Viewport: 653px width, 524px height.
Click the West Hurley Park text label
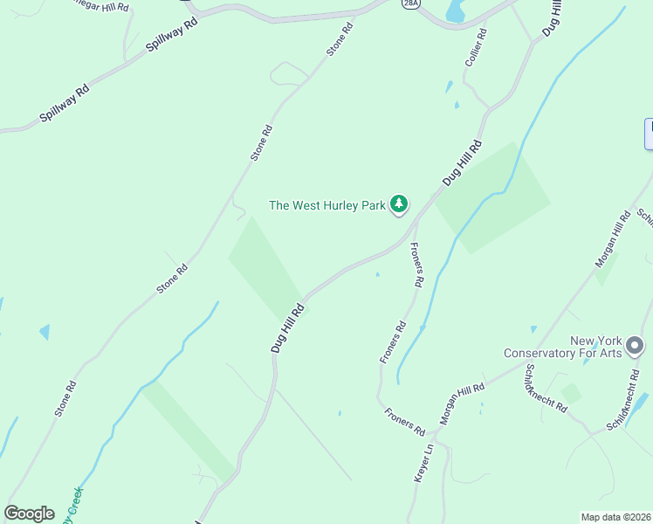coord(326,206)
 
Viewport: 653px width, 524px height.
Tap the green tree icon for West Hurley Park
coord(399,204)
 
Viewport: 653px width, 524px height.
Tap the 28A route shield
coord(410,3)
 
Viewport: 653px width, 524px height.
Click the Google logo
coord(29,514)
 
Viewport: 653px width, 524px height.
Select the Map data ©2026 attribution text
coord(615,517)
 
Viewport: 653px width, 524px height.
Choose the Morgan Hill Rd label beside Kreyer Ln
coord(462,404)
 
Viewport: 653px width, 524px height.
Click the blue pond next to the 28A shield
coord(456,10)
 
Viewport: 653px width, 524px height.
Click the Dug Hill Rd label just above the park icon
coord(462,162)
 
